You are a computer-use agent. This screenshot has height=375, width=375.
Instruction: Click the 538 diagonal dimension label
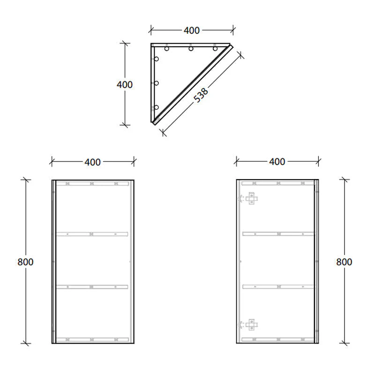201,94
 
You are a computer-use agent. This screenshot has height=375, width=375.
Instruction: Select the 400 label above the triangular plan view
191,30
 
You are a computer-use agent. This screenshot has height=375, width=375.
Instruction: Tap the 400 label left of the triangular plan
125,85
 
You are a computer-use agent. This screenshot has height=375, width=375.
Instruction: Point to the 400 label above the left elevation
92,162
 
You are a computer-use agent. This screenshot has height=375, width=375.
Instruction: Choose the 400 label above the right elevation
277,162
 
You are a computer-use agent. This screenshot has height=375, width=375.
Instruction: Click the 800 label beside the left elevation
26,262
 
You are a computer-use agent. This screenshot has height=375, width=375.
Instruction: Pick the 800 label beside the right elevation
344,262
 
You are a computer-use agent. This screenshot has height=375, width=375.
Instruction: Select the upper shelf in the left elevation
92,233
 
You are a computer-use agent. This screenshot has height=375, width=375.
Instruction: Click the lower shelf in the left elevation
92,286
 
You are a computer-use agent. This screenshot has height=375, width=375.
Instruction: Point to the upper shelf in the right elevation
277,233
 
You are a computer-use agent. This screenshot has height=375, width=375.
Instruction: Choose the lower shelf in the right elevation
277,286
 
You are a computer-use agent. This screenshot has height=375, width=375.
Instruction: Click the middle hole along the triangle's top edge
191,49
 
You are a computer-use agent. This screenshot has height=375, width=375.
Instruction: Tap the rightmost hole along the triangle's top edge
215,49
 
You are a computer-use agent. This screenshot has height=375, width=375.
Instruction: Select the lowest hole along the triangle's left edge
157,107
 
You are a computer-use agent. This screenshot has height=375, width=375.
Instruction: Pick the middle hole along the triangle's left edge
157,83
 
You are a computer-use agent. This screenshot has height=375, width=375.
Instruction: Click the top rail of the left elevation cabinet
92,183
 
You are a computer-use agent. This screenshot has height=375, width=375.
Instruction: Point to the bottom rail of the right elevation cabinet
277,339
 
